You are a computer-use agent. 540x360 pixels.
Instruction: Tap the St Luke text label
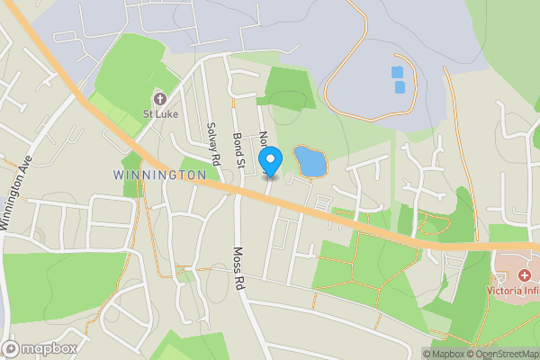pyautogui.click(x=160, y=113)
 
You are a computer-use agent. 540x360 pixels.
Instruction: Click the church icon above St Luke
pyautogui.click(x=160, y=98)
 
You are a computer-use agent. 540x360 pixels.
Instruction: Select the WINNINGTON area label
pyautogui.click(x=154, y=174)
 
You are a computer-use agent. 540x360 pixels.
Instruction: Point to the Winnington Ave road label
pyautogui.click(x=17, y=194)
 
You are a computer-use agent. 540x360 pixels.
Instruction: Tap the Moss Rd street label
pyautogui.click(x=239, y=267)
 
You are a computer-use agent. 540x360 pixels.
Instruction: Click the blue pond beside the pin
pyautogui.click(x=310, y=163)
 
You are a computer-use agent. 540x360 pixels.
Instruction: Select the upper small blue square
pyautogui.click(x=397, y=72)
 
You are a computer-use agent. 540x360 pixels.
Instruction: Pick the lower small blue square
pyautogui.click(x=400, y=87)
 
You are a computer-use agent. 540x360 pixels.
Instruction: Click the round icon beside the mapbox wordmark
pyautogui.click(x=12, y=348)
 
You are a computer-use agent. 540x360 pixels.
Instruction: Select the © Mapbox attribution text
pyautogui.click(x=447, y=354)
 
